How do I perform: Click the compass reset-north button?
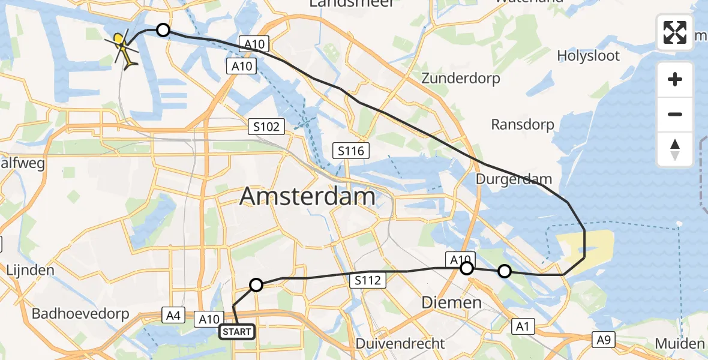pos(675,149)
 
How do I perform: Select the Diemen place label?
pos(451,302)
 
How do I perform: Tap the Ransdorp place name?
pos(522,124)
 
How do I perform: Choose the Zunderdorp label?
pos(461,78)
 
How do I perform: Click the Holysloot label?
pos(588,56)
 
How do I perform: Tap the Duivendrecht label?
pos(400,344)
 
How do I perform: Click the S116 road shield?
pos(351,151)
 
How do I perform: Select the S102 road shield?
pos(265,127)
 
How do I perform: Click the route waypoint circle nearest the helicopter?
pos(163,30)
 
